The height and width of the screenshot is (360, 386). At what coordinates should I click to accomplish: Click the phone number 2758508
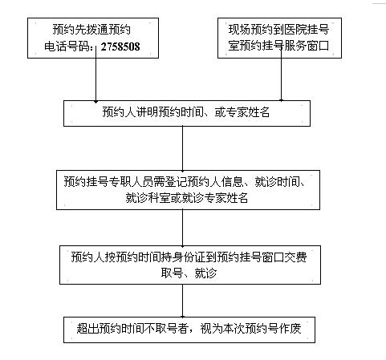pyautogui.click(x=120, y=47)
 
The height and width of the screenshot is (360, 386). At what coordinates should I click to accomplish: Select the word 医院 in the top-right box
pyautogui.click(x=295, y=30)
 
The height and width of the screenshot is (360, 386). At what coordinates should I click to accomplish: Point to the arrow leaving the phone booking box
pyautogui.click(x=95, y=75)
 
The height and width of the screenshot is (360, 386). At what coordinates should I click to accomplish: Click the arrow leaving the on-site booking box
pyautogui.click(x=281, y=75)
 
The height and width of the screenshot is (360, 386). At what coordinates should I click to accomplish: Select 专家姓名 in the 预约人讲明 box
pyautogui.click(x=248, y=112)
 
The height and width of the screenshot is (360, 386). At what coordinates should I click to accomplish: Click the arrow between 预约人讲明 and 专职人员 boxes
pyautogui.click(x=183, y=149)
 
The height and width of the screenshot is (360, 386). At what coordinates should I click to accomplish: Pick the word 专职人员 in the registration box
pyautogui.click(x=131, y=182)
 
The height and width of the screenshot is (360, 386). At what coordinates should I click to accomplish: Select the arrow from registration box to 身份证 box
pyautogui.click(x=183, y=229)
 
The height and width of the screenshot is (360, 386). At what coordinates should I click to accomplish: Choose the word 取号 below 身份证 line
pyautogui.click(x=172, y=273)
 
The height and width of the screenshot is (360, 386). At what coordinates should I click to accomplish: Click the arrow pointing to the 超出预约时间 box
pyautogui.click(x=183, y=301)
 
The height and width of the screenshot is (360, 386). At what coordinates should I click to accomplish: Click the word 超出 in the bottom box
pyautogui.click(x=87, y=329)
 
